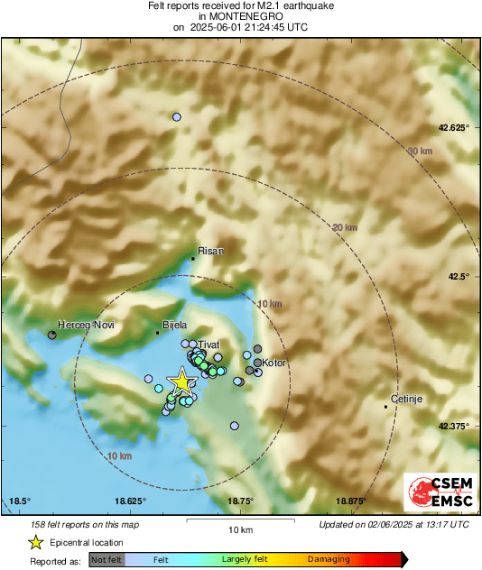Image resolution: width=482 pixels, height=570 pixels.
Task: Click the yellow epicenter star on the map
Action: [x=182, y=382]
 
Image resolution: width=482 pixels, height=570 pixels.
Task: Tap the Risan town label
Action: [x=209, y=252]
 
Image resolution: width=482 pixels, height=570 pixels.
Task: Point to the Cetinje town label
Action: [x=405, y=398]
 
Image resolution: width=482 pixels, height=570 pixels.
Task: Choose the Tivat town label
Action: [x=209, y=344]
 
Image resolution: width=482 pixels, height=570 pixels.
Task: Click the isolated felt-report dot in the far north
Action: [x=177, y=117]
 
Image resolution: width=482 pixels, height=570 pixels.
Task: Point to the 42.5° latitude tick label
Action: [x=456, y=276]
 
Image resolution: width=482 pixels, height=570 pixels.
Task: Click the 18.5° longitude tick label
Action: [x=20, y=501]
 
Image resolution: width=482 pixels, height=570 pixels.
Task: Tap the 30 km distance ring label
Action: [x=420, y=151]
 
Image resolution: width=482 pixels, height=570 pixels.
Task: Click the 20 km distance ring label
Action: [x=345, y=227]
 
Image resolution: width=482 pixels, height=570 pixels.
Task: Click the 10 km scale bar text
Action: [x=239, y=529]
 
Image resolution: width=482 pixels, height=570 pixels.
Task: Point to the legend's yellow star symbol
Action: [x=35, y=542]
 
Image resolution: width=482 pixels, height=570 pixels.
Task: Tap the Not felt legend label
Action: [x=107, y=559]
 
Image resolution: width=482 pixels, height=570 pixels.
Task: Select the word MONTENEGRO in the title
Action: [x=239, y=16]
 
